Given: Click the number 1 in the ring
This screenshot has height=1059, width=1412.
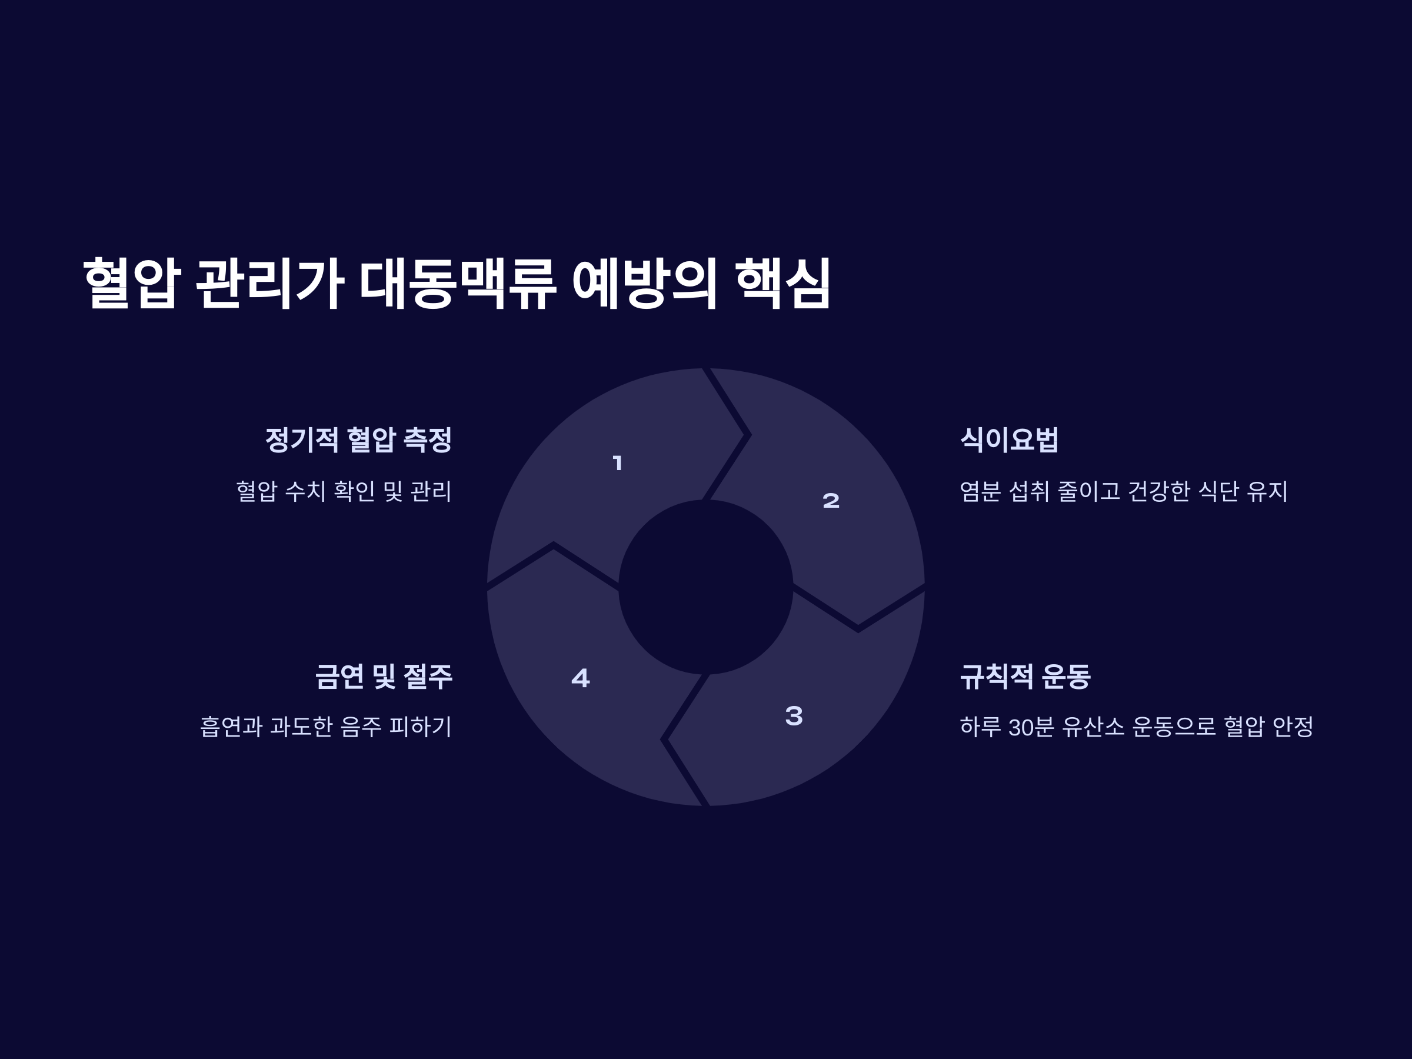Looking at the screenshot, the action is coord(617,463).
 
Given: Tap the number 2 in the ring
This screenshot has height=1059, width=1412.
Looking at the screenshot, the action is coord(831,501).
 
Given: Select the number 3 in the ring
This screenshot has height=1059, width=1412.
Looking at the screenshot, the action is coord(794,715).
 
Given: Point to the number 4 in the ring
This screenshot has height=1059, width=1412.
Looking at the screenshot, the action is coord(580,678).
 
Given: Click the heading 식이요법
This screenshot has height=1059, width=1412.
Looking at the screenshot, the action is coord(1009,440).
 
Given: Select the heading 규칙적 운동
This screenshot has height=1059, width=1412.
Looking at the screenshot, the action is coord(1025,677).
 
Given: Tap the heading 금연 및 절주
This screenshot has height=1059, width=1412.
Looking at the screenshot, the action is coord(384,677).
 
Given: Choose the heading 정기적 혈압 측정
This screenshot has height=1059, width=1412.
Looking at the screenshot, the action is coord(358,440).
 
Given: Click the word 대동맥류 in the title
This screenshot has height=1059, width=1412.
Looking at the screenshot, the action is coord(458,284).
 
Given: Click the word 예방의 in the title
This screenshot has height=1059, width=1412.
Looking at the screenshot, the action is coord(645,284).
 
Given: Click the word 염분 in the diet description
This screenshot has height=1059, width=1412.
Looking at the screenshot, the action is coord(980,491).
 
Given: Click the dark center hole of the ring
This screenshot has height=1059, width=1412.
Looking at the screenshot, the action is coord(705,587).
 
